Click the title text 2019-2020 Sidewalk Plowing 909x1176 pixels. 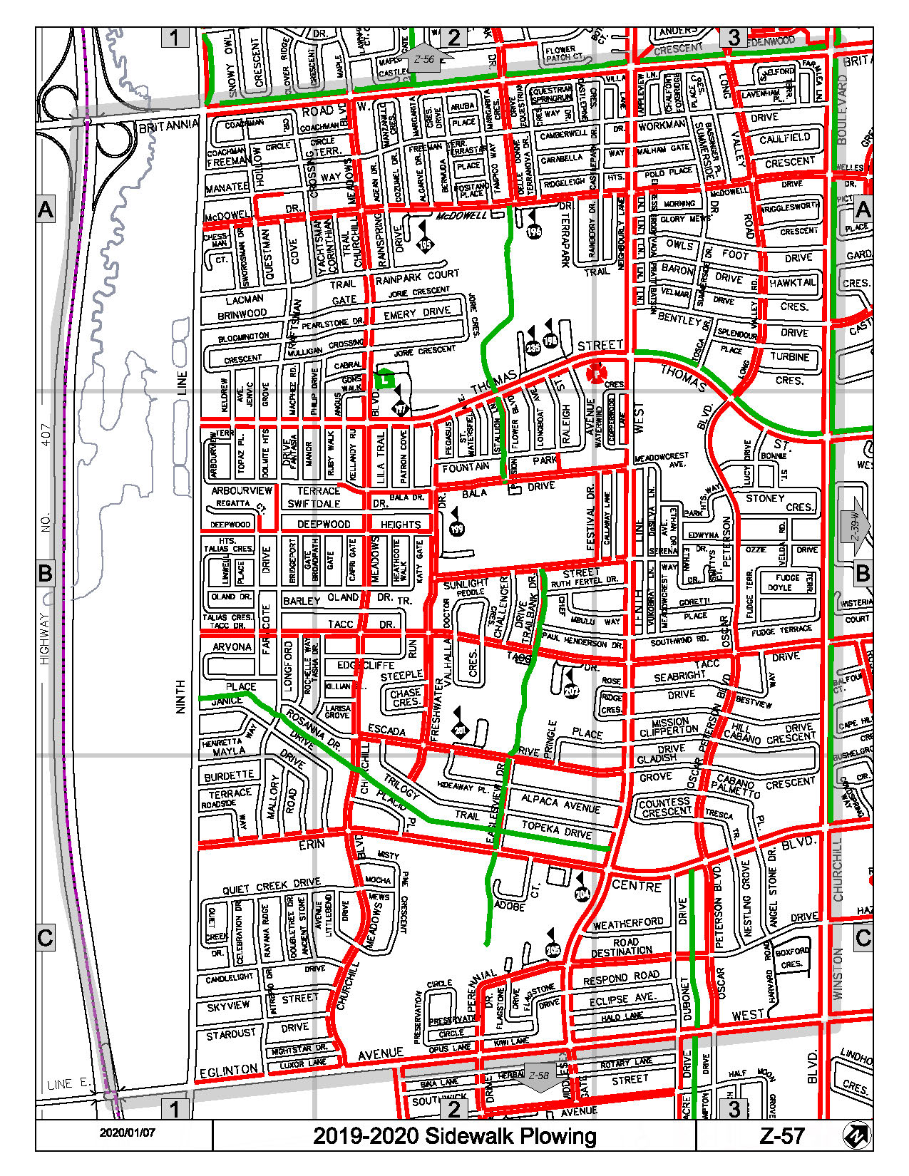pyautogui.click(x=454, y=1136)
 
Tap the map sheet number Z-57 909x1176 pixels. pyautogui.click(x=782, y=1136)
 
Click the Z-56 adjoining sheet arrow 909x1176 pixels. pyautogui.click(x=426, y=58)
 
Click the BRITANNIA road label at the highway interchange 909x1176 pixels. pyautogui.click(x=168, y=126)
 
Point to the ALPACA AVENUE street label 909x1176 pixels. pyautogui.click(x=560, y=804)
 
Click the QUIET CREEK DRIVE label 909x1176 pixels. pyautogui.click(x=271, y=886)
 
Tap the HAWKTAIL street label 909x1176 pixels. pyautogui.click(x=792, y=283)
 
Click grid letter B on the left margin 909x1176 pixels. pyautogui.click(x=45, y=573)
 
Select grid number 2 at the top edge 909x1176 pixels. pyautogui.click(x=453, y=37)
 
